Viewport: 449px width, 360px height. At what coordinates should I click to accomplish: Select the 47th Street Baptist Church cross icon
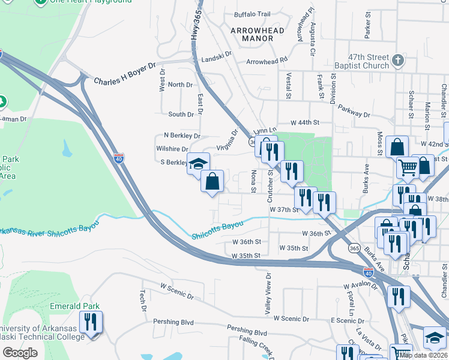coord(397,60)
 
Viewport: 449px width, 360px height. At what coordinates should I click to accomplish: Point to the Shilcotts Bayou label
coord(217,230)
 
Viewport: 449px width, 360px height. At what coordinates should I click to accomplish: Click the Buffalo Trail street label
coord(253,14)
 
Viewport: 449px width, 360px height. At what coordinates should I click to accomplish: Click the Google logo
coord(20,352)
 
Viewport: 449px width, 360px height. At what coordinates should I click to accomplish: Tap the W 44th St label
coord(303,122)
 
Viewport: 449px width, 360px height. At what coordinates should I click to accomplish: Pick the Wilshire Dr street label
coord(172,149)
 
